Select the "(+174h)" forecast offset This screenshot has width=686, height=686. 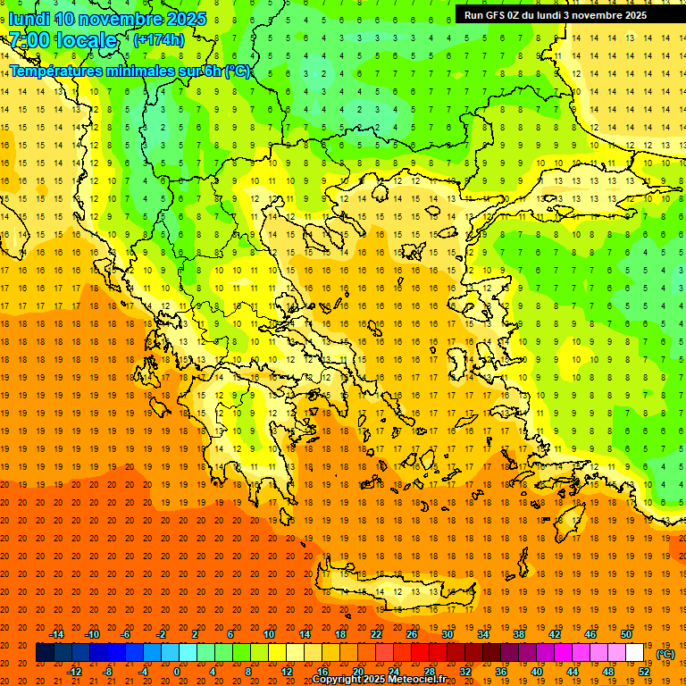pyautogui.click(x=158, y=40)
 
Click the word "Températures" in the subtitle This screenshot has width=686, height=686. pyautogui.click(x=54, y=71)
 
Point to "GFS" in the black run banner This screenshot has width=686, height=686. pyautogui.click(x=498, y=15)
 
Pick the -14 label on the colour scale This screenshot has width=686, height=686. pyautogui.click(x=56, y=634)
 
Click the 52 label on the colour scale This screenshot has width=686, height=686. pyautogui.click(x=644, y=672)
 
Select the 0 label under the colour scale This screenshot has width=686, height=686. pyautogui.click(x=177, y=672)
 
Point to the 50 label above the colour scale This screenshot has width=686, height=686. pyautogui.click(x=626, y=634)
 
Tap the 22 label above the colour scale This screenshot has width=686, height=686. pyautogui.click(x=376, y=634)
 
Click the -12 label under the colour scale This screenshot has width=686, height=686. pyautogui.click(x=74, y=672)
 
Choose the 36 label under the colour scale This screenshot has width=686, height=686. pyautogui.click(x=501, y=672)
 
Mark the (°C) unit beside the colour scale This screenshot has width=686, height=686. pyautogui.click(x=665, y=654)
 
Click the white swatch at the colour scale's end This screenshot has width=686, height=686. pyautogui.click(x=635, y=653)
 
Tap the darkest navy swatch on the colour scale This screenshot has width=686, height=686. pyautogui.click(x=45, y=653)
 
